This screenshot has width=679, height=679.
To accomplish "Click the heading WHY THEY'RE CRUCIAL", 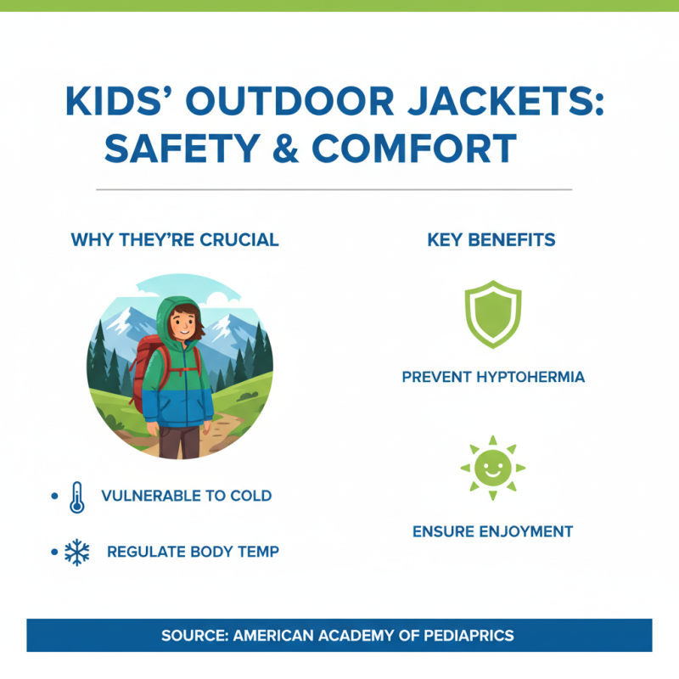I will (x=175, y=240).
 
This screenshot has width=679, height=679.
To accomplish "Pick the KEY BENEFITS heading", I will (x=491, y=240).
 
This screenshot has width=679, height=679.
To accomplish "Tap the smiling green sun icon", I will (x=492, y=468).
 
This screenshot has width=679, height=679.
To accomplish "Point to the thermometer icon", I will (x=77, y=497).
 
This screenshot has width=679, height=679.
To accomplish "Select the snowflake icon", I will (x=77, y=553).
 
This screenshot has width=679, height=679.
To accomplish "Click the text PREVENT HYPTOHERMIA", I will (x=492, y=377).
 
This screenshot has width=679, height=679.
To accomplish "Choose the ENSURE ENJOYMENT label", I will (x=492, y=532).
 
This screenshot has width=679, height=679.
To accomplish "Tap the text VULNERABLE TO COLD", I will (x=187, y=496).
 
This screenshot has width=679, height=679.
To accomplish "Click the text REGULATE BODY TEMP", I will (x=193, y=552).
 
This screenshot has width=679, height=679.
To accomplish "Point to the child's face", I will (x=180, y=323).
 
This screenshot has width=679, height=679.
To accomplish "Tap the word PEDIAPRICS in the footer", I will (x=469, y=635).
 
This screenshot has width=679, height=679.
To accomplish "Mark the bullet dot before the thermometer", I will (x=54, y=496).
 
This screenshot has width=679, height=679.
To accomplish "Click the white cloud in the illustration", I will (x=216, y=299).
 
